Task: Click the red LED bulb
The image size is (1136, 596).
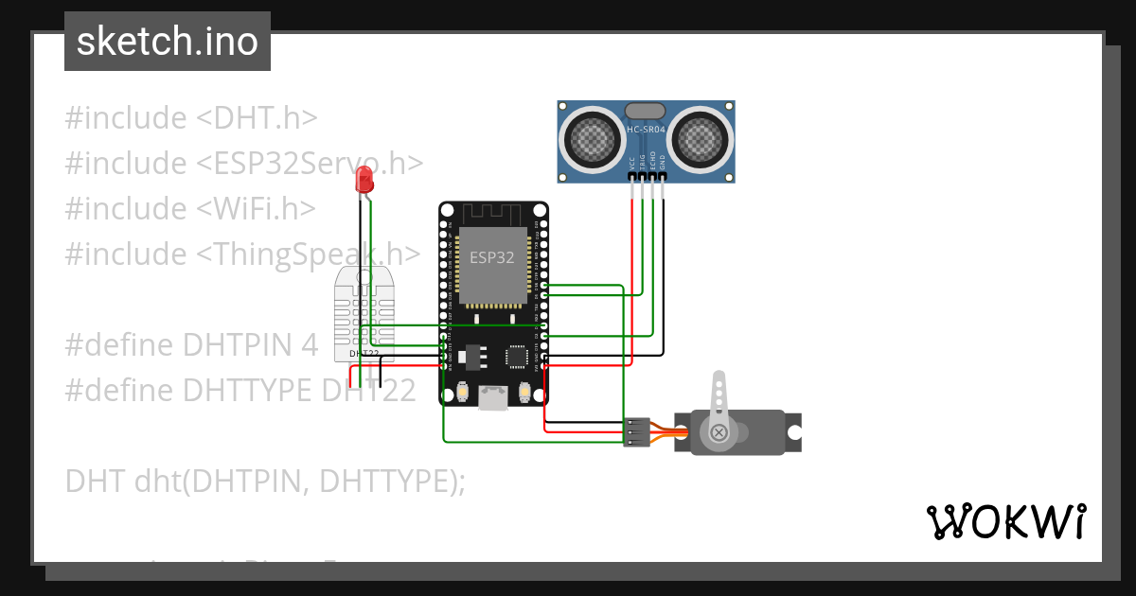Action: (363, 180)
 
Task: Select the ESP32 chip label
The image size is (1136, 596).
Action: (492, 256)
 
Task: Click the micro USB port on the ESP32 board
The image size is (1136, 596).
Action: (492, 397)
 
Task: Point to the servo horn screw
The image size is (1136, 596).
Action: (719, 433)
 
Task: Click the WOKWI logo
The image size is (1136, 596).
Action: (1005, 521)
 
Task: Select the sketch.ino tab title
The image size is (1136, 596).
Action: (168, 42)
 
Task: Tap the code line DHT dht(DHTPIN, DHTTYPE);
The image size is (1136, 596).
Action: (265, 481)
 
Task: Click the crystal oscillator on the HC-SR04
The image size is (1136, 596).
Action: (646, 111)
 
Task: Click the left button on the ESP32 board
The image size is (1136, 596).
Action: (464, 391)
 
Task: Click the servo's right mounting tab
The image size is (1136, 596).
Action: (793, 432)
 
